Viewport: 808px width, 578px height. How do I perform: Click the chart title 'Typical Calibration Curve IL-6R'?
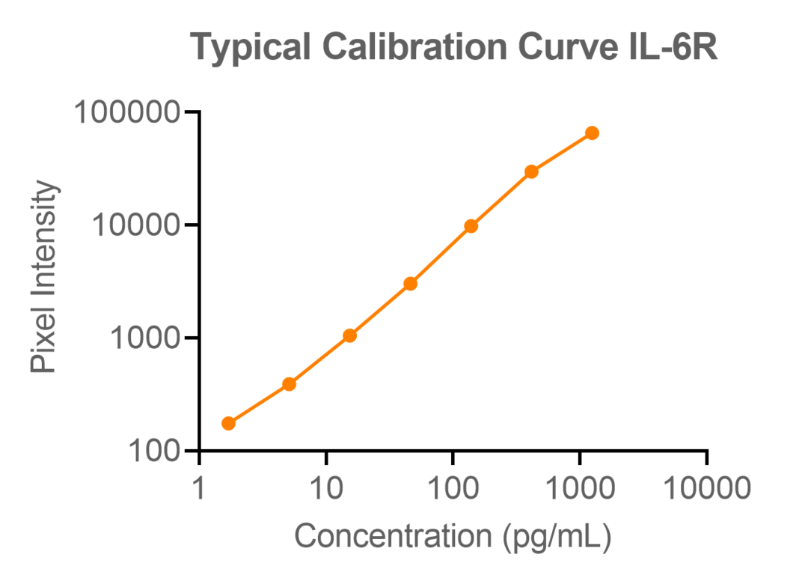click(454, 47)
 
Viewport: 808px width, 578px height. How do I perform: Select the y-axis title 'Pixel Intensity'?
click(45, 278)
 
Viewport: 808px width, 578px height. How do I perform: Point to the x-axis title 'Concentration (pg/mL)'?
click(453, 536)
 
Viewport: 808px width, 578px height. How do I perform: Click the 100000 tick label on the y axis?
click(126, 113)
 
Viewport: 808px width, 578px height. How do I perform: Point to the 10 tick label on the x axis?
click(326, 489)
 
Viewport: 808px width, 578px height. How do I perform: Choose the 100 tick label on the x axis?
click(453, 489)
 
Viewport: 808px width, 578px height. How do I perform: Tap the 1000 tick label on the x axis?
click(580, 489)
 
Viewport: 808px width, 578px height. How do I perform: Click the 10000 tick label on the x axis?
click(706, 489)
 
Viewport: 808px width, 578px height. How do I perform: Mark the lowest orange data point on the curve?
click(229, 423)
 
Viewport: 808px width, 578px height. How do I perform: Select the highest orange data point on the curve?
click(592, 133)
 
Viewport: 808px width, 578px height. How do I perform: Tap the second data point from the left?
click(290, 384)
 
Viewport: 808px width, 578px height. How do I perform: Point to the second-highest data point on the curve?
click(531, 171)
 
